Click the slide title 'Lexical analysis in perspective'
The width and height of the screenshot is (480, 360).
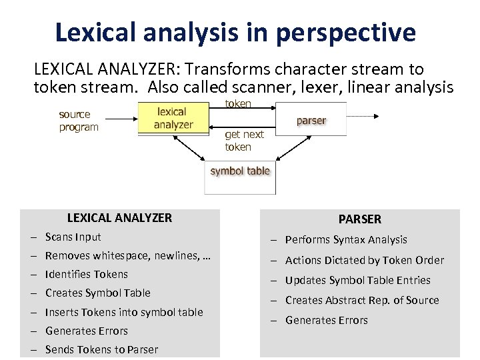click(x=235, y=32)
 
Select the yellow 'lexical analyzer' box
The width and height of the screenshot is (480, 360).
click(x=173, y=118)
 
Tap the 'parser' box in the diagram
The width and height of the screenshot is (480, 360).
click(x=311, y=120)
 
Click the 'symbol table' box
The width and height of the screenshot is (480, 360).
click(x=240, y=172)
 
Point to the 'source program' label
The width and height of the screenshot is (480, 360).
click(x=78, y=121)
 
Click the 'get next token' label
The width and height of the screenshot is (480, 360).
click(x=244, y=141)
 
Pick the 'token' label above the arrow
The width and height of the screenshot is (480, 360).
click(x=238, y=103)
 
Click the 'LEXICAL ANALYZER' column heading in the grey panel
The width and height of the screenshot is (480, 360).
click(x=119, y=217)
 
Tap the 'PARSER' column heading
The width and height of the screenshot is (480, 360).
click(x=360, y=219)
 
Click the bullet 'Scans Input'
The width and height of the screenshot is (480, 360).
click(x=73, y=237)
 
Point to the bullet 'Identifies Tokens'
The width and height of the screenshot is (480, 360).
click(x=87, y=274)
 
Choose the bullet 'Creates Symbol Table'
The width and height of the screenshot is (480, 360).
click(x=98, y=293)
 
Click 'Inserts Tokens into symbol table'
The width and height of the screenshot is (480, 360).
click(x=124, y=312)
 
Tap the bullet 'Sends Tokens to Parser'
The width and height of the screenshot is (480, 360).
click(x=102, y=349)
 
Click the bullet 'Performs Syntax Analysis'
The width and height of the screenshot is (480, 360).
click(x=346, y=239)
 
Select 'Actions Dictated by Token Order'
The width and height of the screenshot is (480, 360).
click(x=365, y=260)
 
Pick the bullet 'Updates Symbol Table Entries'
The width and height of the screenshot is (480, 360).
click(x=358, y=280)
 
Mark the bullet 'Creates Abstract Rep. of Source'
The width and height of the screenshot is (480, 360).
click(x=362, y=300)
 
